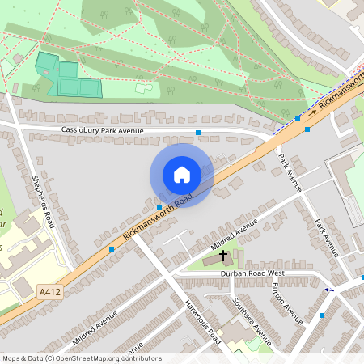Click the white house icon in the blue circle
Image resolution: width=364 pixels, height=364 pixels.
181,174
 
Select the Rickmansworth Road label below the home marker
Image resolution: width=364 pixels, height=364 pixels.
159,218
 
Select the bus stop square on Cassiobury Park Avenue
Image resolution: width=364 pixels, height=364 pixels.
198,132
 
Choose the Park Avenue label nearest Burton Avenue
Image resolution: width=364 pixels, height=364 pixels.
326,239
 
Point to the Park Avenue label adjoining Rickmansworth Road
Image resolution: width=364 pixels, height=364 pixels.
289,172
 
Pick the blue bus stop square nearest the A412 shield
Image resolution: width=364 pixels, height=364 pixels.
112,249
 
